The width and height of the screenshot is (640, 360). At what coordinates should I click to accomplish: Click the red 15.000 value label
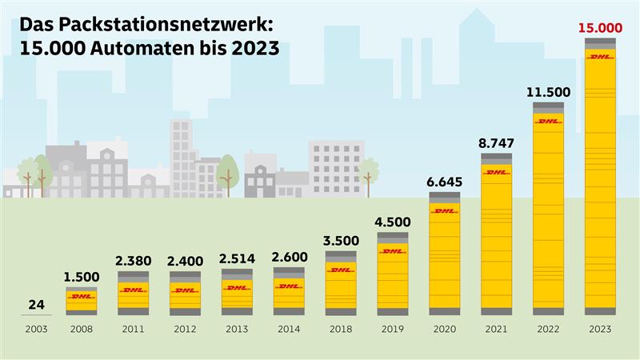coord(600,29)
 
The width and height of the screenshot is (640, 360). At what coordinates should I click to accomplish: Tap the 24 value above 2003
coord(37,305)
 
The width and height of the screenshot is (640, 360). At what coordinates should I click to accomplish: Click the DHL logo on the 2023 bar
coord(600,57)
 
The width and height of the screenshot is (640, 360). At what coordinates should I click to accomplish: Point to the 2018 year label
coord(340,329)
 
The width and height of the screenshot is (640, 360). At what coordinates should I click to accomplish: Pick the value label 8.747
coord(496,143)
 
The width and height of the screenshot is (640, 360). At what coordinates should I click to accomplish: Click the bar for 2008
coord(81,300)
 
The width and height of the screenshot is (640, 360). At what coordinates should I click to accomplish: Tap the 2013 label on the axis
coord(237,329)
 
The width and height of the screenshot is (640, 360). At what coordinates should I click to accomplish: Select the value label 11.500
coord(548,92)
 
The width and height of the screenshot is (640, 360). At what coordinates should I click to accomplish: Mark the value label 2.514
coord(237,258)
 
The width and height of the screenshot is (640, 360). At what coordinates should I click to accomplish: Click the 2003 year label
coord(37,329)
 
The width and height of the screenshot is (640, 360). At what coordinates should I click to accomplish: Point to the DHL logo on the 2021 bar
coord(496,172)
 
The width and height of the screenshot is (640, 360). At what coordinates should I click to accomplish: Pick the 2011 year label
coord(133,329)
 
